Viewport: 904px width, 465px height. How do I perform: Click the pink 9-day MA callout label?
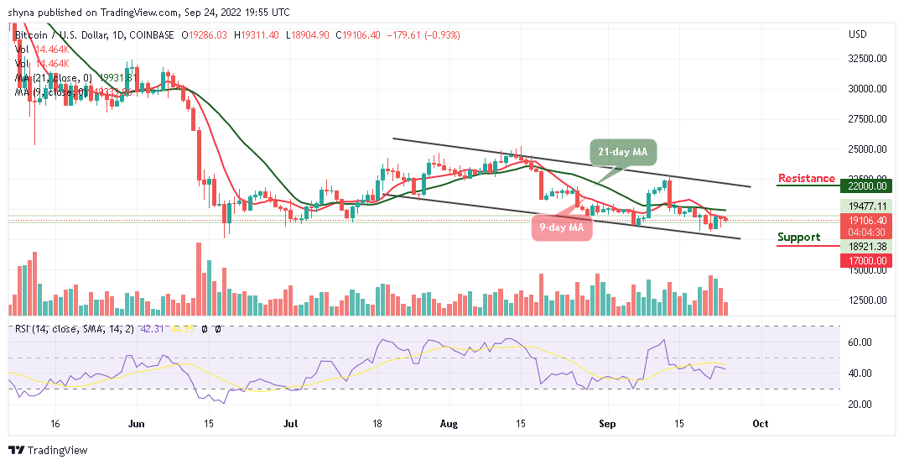pyautogui.click(x=560, y=227)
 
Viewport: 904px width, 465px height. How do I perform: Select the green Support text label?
pyautogui.click(x=798, y=237)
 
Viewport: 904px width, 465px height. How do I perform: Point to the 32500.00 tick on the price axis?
pyautogui.click(x=866, y=59)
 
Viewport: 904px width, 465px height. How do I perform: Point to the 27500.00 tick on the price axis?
pyautogui.click(x=866, y=119)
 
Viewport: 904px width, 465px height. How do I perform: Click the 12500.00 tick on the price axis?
pyautogui.click(x=866, y=300)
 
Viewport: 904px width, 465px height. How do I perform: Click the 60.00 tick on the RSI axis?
pyautogui.click(x=860, y=342)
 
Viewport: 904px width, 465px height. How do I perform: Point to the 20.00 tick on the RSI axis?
pyautogui.click(x=860, y=404)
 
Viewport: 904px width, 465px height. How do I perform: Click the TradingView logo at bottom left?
pyautogui.click(x=48, y=450)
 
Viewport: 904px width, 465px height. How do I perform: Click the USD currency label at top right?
pyautogui.click(x=857, y=34)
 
